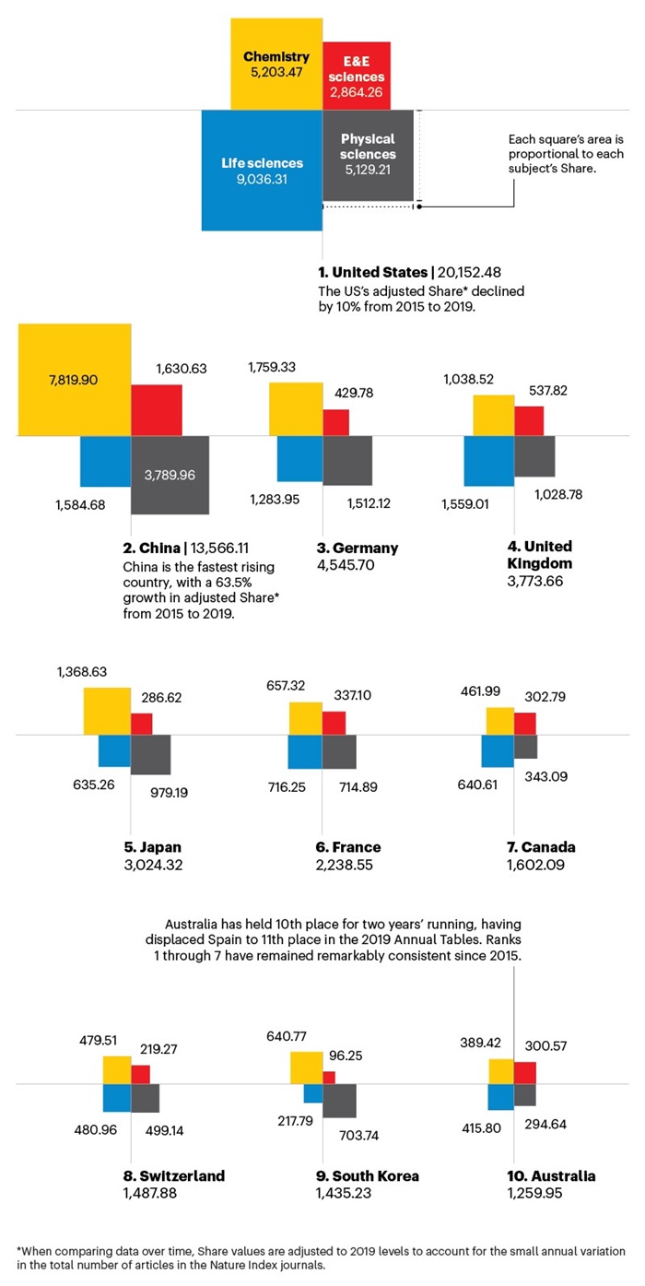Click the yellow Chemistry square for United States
pyautogui.click(x=275, y=63)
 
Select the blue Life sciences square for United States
pyautogui.click(x=262, y=170)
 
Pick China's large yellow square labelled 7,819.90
pyautogui.click(x=73, y=379)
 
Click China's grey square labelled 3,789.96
pyautogui.click(x=170, y=475)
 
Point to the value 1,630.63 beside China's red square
pyautogui.click(x=181, y=368)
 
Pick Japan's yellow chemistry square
pyautogui.click(x=107, y=711)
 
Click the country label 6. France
pyautogui.click(x=347, y=847)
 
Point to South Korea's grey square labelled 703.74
pyautogui.click(x=339, y=1101)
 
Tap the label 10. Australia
pyautogui.click(x=551, y=1176)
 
